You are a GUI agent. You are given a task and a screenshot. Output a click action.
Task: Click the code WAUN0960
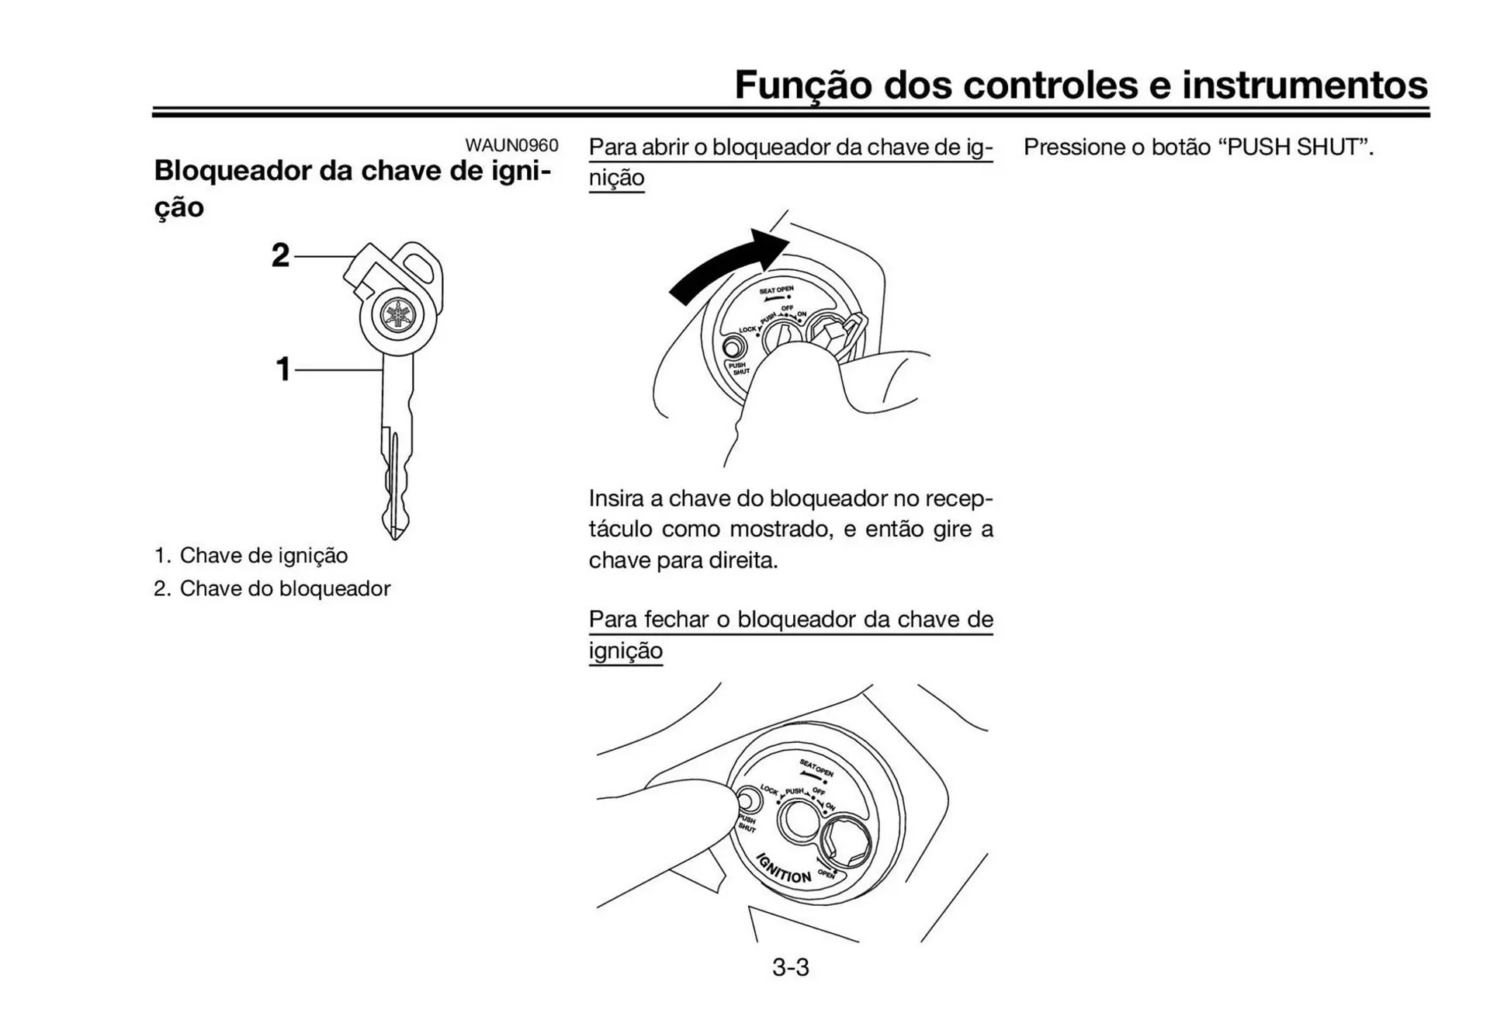(511, 145)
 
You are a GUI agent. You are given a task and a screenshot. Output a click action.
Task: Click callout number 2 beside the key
(280, 255)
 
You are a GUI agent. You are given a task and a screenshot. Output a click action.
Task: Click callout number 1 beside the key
(283, 369)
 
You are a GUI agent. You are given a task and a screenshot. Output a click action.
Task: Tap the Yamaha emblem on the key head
(399, 315)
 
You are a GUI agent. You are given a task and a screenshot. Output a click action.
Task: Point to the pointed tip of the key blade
(395, 534)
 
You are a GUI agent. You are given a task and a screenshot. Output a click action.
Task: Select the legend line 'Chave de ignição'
(263, 556)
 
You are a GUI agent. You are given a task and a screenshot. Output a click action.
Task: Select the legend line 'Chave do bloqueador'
(285, 588)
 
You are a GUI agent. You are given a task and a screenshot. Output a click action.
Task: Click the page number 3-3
(790, 967)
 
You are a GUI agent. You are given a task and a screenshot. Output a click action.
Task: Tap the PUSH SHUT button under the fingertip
(747, 800)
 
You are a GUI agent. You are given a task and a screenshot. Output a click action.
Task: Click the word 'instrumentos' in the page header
(1304, 85)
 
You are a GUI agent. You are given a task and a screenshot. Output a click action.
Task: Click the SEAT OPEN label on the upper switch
(776, 290)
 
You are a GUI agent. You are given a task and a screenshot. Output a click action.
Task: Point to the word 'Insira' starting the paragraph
(624, 498)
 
